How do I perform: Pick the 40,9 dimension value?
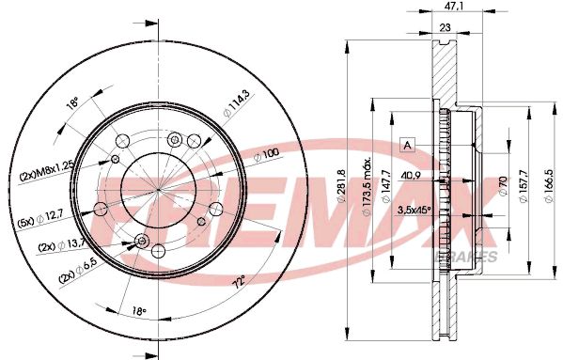click(410, 175)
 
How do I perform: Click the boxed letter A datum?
click(408, 144)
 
